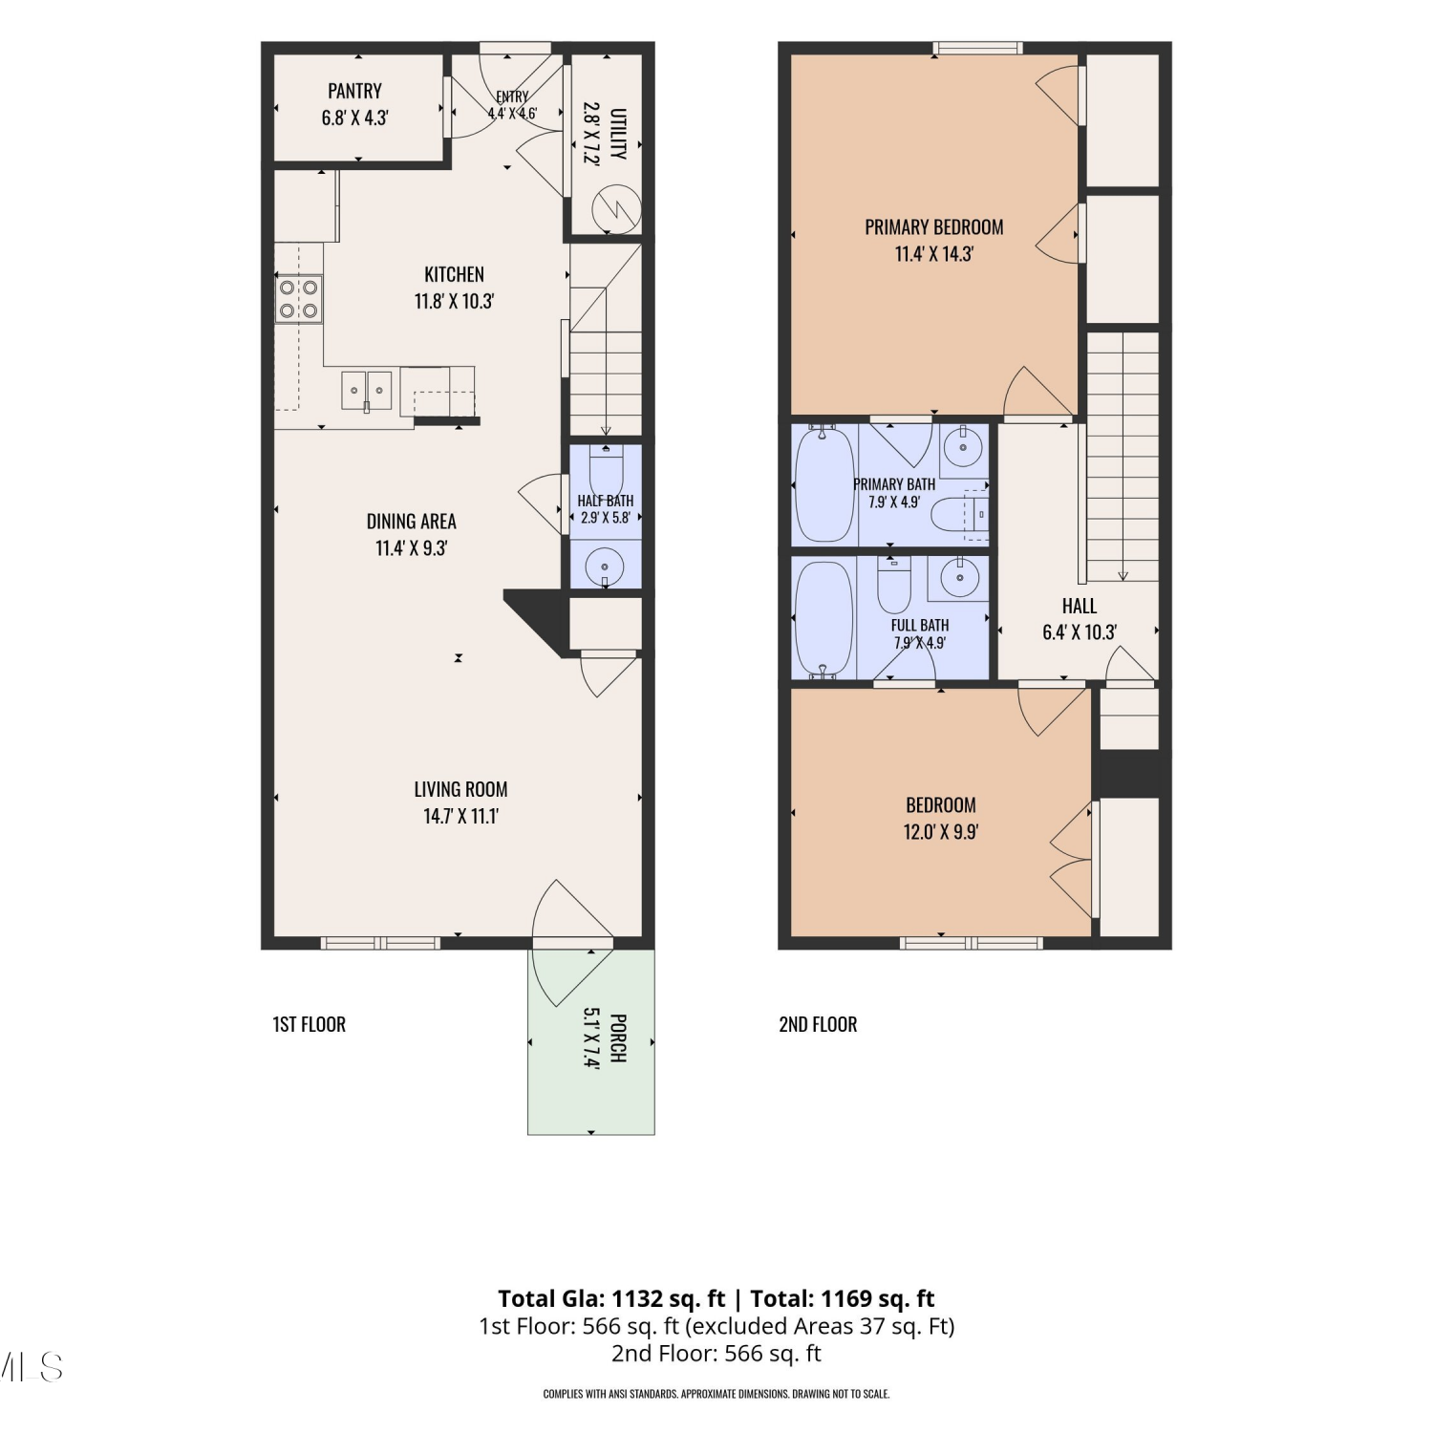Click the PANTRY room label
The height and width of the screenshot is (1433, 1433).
(x=354, y=91)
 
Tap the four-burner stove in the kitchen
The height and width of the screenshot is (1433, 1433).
(x=298, y=298)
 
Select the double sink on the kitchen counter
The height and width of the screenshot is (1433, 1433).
(x=367, y=391)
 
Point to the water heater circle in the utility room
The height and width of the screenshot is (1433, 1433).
(x=615, y=209)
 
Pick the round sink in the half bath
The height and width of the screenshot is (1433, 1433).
(x=605, y=567)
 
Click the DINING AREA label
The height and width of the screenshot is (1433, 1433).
(x=412, y=522)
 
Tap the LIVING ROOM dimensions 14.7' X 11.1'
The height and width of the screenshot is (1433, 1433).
(x=461, y=816)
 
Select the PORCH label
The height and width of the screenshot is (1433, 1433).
(x=618, y=1038)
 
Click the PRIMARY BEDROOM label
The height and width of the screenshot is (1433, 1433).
(x=934, y=227)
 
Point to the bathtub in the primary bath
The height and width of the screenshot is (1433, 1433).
(x=824, y=483)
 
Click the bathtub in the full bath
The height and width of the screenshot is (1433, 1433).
(x=823, y=619)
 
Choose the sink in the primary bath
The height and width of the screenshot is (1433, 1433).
(x=963, y=445)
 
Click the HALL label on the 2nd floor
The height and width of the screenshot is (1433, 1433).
(x=1080, y=606)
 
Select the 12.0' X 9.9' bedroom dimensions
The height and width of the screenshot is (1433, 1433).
(x=941, y=831)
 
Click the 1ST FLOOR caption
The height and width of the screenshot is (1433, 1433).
(x=310, y=1024)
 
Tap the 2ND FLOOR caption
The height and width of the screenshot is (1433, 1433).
(x=818, y=1024)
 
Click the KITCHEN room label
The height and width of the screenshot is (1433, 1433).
(x=455, y=274)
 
